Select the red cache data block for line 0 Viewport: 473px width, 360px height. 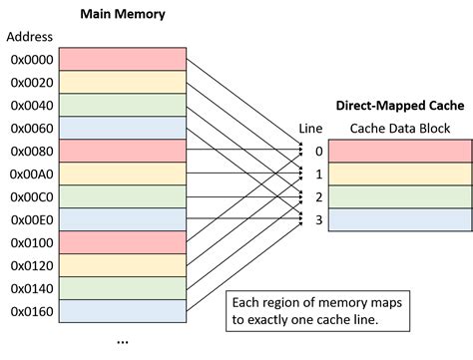(x=399, y=151)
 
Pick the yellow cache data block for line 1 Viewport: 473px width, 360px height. (x=399, y=174)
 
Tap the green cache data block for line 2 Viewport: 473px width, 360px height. (x=399, y=196)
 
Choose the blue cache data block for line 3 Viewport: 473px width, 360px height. (x=399, y=219)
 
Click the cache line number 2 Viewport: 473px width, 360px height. (x=319, y=196)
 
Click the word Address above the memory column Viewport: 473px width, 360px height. (x=29, y=37)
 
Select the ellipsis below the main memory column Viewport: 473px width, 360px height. (x=123, y=340)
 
